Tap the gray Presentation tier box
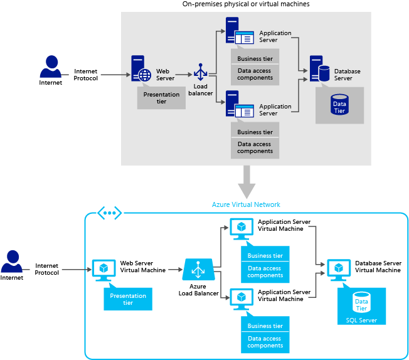coord(161,98)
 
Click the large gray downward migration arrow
coord(246,181)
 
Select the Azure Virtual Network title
coord(246,204)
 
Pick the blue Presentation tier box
coord(128,299)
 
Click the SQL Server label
coord(361,320)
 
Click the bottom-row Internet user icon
coord(11,262)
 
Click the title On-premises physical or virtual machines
coord(246,4)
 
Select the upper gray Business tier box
coord(255,59)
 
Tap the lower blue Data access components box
coord(265,342)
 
